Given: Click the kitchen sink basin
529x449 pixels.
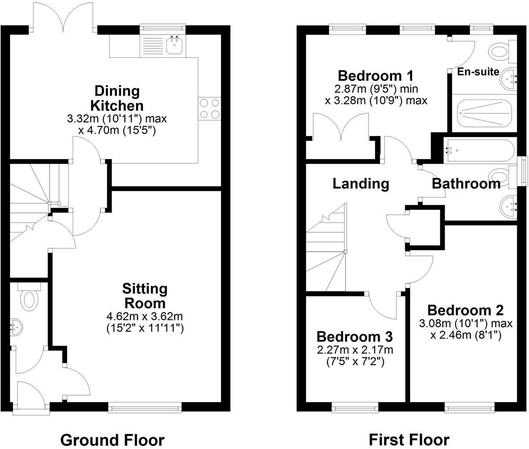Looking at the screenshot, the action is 174,45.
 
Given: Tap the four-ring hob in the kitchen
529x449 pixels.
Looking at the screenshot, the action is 210,109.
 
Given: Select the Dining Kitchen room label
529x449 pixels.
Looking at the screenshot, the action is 117,98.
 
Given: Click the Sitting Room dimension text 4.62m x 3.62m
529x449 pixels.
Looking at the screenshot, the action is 145,316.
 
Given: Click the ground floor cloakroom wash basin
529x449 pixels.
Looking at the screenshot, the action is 17,328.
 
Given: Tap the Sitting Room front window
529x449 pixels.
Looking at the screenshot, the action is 145,408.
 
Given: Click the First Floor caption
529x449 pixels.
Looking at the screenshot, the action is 409,440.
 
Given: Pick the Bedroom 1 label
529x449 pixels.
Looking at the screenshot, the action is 376,76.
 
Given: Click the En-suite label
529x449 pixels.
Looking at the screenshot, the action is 478,72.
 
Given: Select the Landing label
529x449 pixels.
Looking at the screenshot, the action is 361,184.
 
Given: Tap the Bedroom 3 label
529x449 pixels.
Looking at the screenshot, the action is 355,337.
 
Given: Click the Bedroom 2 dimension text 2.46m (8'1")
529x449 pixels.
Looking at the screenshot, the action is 465,335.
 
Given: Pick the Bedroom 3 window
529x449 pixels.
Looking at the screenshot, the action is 355,408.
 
